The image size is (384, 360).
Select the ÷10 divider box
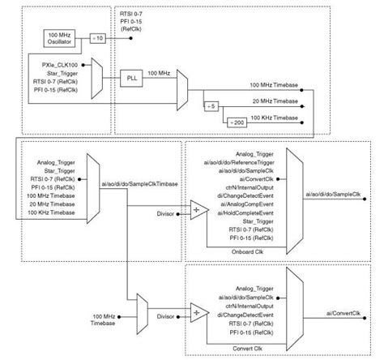(x=96, y=38)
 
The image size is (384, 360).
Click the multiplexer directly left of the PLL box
(x=98, y=78)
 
